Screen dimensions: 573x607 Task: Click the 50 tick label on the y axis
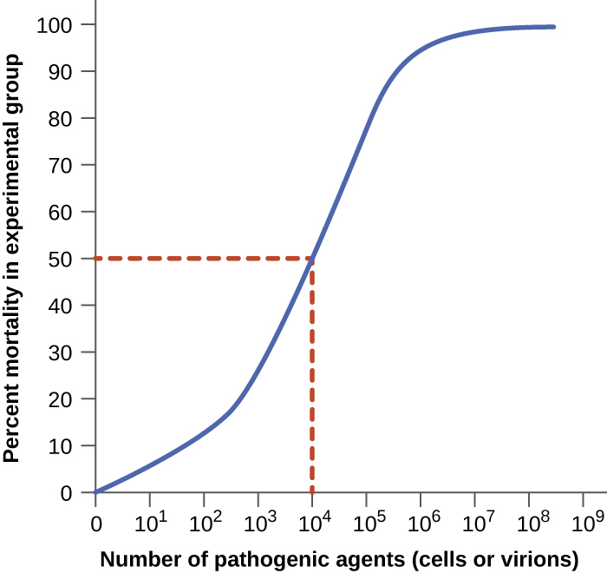point(70,259)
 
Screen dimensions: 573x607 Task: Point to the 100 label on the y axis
point(65,24)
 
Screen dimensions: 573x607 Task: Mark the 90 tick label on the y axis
point(70,71)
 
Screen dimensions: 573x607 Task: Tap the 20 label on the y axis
point(70,399)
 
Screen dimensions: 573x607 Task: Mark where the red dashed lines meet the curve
point(312,259)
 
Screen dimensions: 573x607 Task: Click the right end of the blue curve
point(553,27)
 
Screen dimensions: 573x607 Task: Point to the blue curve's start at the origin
point(96,492)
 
